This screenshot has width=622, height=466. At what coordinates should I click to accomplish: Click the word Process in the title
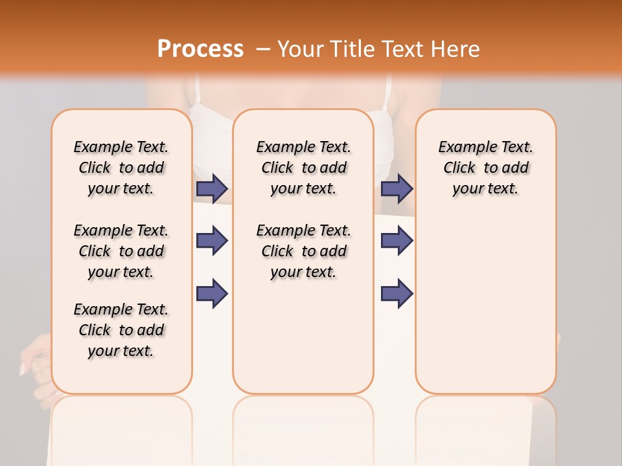tap(200, 50)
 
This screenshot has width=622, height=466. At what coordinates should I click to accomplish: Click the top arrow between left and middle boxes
tap(212, 189)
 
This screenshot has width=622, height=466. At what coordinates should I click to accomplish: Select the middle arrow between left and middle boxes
tap(212, 241)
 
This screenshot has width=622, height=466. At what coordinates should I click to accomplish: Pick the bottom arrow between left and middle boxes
tap(212, 294)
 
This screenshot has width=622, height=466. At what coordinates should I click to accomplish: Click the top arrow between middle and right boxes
tap(397, 189)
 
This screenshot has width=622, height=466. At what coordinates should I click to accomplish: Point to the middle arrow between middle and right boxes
tap(397, 241)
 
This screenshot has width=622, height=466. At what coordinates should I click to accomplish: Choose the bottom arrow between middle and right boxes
tap(397, 294)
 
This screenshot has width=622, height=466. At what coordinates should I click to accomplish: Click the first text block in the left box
tap(121, 168)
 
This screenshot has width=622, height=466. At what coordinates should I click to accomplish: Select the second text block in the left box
tap(121, 251)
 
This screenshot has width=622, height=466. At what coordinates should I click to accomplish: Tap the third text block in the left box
tap(121, 330)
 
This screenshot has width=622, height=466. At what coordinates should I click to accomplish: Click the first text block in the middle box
tap(303, 168)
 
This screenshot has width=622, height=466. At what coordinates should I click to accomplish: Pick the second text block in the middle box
tap(303, 251)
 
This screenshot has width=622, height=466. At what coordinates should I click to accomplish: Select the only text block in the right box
tap(486, 168)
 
